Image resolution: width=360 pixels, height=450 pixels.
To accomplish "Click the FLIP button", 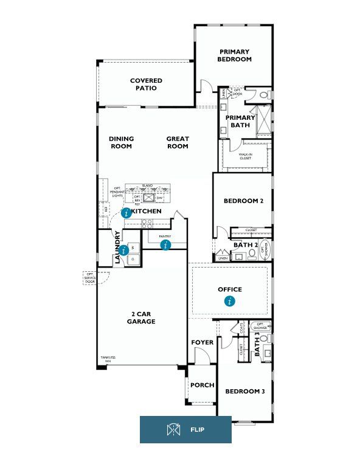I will click(185, 430).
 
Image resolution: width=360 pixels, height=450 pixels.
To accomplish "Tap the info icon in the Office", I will click(230, 300).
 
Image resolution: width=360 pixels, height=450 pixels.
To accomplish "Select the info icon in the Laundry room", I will click(124, 249).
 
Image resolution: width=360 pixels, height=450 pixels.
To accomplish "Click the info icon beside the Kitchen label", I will click(126, 213).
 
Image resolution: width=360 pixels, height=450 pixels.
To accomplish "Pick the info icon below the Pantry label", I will click(165, 245).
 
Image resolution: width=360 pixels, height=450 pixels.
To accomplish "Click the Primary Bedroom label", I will click(235, 55).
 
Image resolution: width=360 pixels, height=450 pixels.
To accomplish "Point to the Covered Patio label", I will click(146, 84).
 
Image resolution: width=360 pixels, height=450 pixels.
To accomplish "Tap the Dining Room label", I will click(121, 142).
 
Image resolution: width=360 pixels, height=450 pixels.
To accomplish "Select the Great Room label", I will click(178, 142).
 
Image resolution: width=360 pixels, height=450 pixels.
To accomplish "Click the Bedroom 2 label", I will click(243, 201).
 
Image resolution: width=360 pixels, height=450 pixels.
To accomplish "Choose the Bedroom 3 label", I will click(245, 391).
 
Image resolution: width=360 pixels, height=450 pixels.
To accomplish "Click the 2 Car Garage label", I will click(142, 318).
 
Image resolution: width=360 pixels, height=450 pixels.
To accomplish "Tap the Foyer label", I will click(202, 342).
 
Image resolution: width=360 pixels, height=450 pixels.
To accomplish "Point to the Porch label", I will click(202, 385).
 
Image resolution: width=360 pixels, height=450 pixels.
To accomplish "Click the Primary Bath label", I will click(240, 121).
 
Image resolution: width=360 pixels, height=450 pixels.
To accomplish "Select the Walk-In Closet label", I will click(246, 156).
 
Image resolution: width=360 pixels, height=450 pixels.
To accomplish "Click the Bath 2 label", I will click(247, 245).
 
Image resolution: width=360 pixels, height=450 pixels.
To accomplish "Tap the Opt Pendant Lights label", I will click(117, 192).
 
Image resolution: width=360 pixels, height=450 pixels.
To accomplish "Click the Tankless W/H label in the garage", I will click(107, 359).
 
